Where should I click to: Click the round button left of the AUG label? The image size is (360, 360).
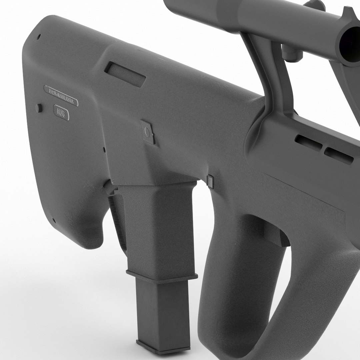(x=39, y=108)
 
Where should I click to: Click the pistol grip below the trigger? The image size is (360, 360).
(x=233, y=283)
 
